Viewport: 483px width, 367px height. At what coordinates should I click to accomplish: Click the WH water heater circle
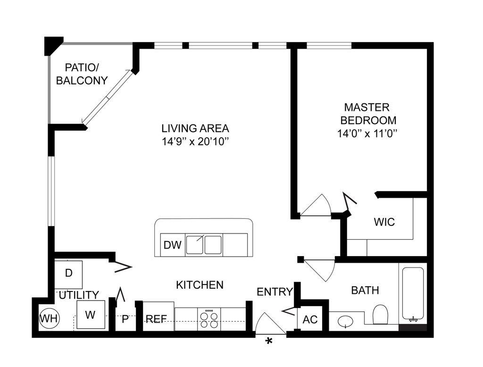coord(49,318)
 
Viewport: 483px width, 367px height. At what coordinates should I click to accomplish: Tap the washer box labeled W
coord(91,315)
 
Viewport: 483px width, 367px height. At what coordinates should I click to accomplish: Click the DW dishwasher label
coord(173,245)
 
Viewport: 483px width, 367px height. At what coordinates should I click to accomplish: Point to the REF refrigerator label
coord(156,318)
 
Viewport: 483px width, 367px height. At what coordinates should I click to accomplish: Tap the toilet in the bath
coord(381,314)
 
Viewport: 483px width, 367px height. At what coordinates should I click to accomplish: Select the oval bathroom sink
coord(346,322)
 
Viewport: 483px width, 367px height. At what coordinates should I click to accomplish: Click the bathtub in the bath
coord(413,294)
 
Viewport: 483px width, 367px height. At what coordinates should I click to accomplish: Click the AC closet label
coord(310,319)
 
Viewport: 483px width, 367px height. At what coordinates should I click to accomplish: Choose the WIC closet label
coord(384,222)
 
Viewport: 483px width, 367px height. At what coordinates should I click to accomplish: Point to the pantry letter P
coord(125,319)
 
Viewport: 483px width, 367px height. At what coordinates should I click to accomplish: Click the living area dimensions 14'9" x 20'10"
coord(196,142)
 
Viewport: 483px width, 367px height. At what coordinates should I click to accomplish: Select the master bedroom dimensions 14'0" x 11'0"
coord(367,133)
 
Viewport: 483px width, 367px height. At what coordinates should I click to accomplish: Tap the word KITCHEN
coord(200,285)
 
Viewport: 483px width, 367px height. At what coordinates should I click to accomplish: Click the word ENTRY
coord(275,292)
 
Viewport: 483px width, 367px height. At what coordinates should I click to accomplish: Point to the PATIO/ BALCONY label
coord(82,74)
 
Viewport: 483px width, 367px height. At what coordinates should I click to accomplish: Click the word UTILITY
coord(79,295)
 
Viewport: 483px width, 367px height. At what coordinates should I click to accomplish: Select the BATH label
coord(365,290)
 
